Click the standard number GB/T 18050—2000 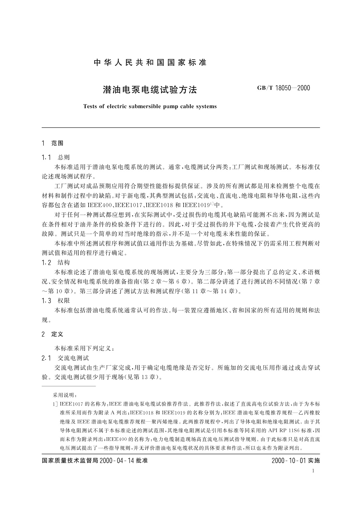(284, 88)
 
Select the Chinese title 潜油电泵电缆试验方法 (150, 90)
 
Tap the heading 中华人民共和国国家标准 (150, 63)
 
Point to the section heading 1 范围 (53, 143)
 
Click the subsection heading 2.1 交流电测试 (66, 358)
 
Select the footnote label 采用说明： (65, 395)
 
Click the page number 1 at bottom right (313, 471)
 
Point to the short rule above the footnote (69, 386)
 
